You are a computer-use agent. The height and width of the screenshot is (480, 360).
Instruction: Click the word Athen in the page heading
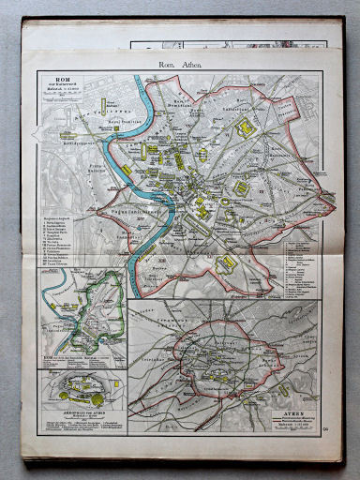point(190,63)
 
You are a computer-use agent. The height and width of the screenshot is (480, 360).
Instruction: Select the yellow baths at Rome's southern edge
point(226,263)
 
